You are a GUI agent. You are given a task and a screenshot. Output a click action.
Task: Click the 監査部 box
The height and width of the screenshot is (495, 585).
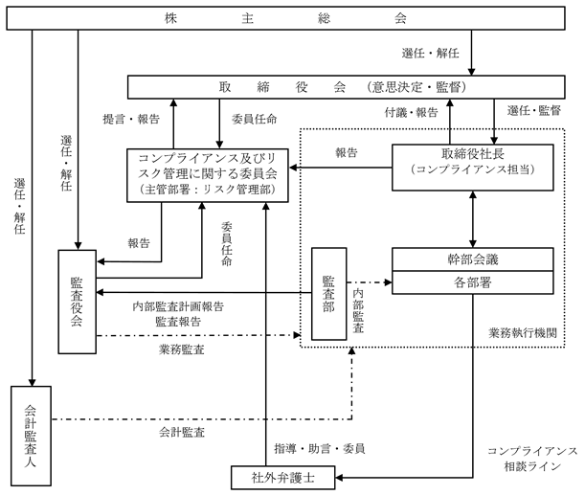[x=328, y=294]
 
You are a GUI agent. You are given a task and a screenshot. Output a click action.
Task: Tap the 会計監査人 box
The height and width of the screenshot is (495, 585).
[x=31, y=433]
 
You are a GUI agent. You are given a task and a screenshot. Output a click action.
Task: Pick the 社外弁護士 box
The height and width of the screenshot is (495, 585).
[x=282, y=477]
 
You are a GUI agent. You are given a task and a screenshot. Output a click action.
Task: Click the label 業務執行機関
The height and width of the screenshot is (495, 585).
[x=522, y=333]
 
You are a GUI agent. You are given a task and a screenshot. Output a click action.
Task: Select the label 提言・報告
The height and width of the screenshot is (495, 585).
[x=130, y=120]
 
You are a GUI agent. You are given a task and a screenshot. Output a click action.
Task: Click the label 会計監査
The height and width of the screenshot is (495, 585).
[x=182, y=433]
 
